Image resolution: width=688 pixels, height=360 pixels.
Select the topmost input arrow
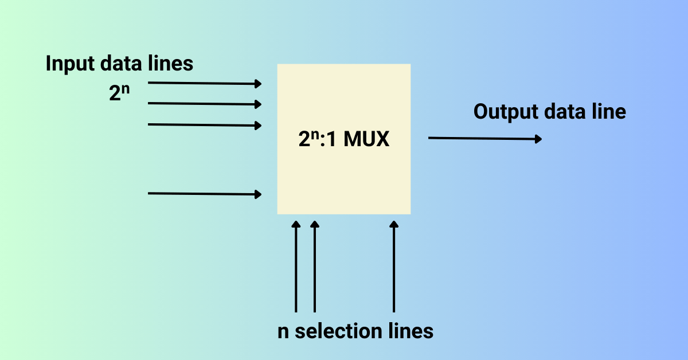[x=204, y=83]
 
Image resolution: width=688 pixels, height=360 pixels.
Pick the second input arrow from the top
[x=204, y=104]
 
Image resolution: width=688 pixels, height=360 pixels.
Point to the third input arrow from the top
[x=204, y=124]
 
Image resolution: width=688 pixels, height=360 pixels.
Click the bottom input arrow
[x=204, y=194]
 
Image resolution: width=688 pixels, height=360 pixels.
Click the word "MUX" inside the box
[x=366, y=140]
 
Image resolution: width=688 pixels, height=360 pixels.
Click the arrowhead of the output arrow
[x=538, y=139]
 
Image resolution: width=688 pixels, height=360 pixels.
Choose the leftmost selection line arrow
[x=296, y=267]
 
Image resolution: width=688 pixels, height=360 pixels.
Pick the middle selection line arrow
[x=314, y=267]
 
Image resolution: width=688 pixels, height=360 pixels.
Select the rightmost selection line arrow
[x=393, y=267]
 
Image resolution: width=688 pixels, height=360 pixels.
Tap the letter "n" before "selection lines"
[x=283, y=332]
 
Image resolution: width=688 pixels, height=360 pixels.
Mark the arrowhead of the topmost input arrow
[x=258, y=84]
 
